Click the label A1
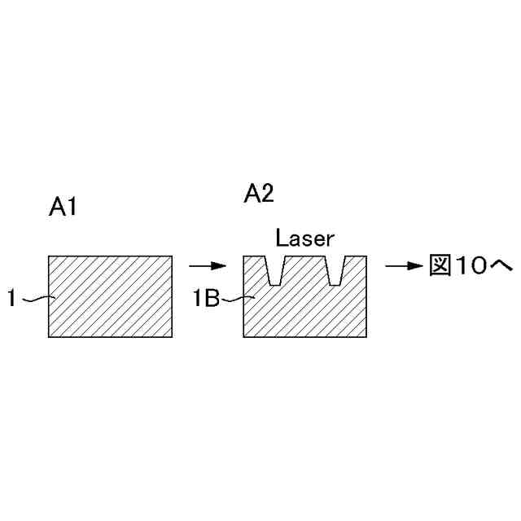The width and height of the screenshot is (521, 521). (x=63, y=208)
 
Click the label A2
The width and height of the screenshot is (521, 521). (x=259, y=194)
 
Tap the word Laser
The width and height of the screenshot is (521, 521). (x=304, y=239)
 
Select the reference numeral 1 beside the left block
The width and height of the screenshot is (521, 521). (x=11, y=300)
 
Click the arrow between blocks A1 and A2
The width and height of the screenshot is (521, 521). (x=207, y=265)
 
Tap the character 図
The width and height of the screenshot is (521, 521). (x=440, y=265)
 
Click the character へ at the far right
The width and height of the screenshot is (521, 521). (x=499, y=266)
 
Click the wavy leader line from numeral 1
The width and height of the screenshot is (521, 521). (x=37, y=300)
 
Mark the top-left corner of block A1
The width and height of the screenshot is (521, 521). (x=49, y=256)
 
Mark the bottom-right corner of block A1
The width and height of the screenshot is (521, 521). (x=172, y=337)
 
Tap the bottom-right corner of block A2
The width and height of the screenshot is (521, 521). (x=367, y=337)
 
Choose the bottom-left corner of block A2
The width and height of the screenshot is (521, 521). (x=244, y=337)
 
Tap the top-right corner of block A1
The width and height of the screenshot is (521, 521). (x=172, y=256)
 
